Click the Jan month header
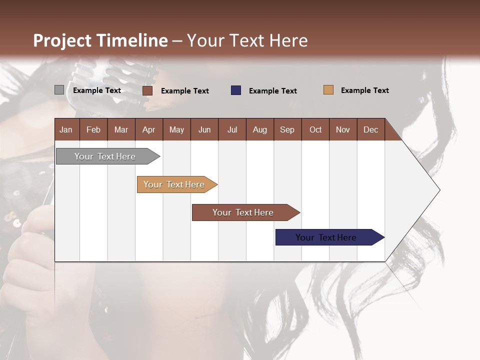[66, 129]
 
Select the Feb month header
[93, 129]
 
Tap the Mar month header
[121, 129]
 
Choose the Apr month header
[149, 129]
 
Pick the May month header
[176, 129]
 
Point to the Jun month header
[204, 129]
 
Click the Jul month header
[232, 129]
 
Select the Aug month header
[260, 129]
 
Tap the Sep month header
[287, 129]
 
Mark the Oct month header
[315, 129]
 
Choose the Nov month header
[343, 129]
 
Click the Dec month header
[371, 129]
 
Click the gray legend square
[59, 90]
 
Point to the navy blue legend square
[236, 90]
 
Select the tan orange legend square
[328, 90]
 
